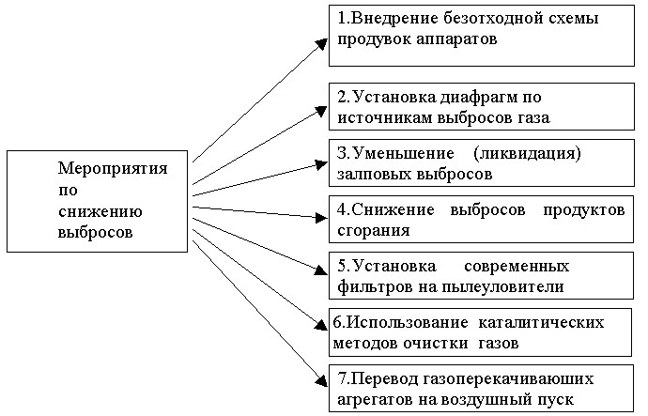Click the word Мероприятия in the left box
click(113, 169)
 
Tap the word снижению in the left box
click(100, 211)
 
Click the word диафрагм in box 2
click(479, 98)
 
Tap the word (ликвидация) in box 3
click(528, 154)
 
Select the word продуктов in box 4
click(583, 211)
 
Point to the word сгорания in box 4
click(374, 231)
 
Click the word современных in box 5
click(517, 267)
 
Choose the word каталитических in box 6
click(541, 323)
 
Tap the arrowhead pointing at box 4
click(321, 217)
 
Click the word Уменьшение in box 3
click(404, 155)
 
